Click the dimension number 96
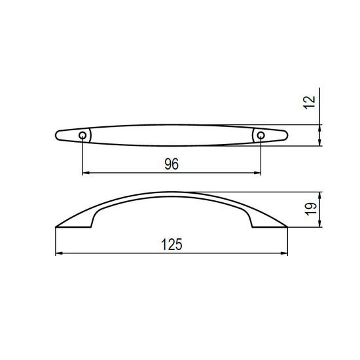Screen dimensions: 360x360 tap(171, 164)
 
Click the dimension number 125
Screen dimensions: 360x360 tap(171, 244)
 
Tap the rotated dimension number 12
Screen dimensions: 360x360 tap(310, 103)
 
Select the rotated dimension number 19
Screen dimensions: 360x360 tap(311, 209)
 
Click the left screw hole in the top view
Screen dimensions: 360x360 tap(82, 135)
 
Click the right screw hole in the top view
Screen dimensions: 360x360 tap(261, 135)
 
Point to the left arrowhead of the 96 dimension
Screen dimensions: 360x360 tap(86, 173)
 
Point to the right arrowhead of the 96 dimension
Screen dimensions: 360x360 tap(257, 173)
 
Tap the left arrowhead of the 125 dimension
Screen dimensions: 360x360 tap(59, 253)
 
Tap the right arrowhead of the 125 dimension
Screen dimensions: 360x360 tap(284, 253)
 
